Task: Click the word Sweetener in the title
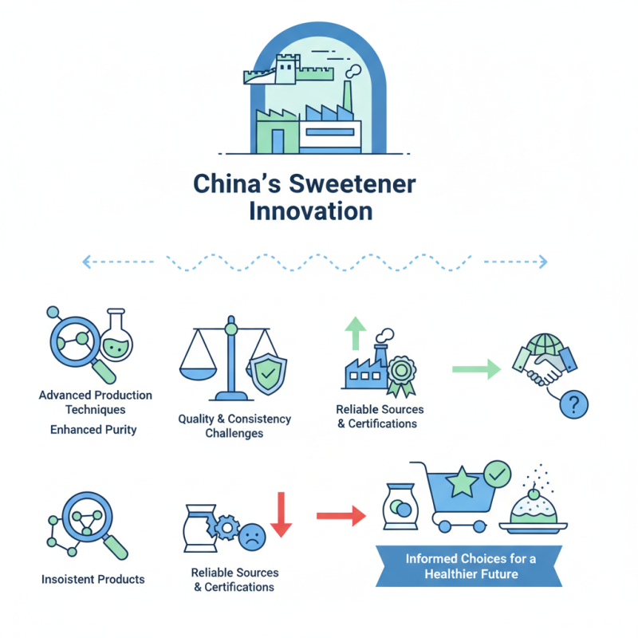click(x=352, y=184)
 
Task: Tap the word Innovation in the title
click(x=311, y=211)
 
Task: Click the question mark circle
click(x=573, y=404)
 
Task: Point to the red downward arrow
click(x=282, y=514)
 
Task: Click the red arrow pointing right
click(x=341, y=516)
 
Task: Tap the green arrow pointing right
click(x=476, y=369)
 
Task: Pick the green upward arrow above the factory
click(x=356, y=333)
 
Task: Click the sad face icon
click(x=252, y=537)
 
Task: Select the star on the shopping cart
click(x=462, y=482)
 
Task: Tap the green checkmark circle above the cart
click(x=497, y=474)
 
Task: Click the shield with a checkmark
click(x=267, y=373)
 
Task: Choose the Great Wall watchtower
click(x=287, y=69)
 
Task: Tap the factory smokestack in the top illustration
click(x=347, y=95)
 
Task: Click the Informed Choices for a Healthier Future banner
click(x=469, y=566)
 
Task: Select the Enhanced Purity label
click(x=93, y=430)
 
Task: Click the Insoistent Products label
click(x=93, y=579)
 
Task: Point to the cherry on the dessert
click(x=534, y=494)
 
